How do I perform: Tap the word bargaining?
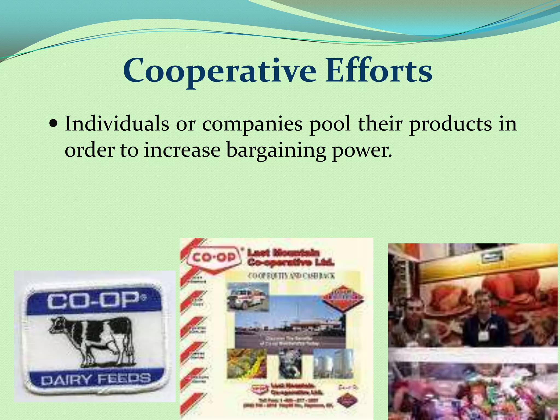tap(276, 151)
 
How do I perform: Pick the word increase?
tap(182, 150)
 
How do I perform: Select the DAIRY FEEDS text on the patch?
tap(96, 379)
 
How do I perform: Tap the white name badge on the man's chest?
tap(483, 336)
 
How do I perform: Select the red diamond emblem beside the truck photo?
tap(343, 297)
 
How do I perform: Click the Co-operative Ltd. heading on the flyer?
tap(291, 262)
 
